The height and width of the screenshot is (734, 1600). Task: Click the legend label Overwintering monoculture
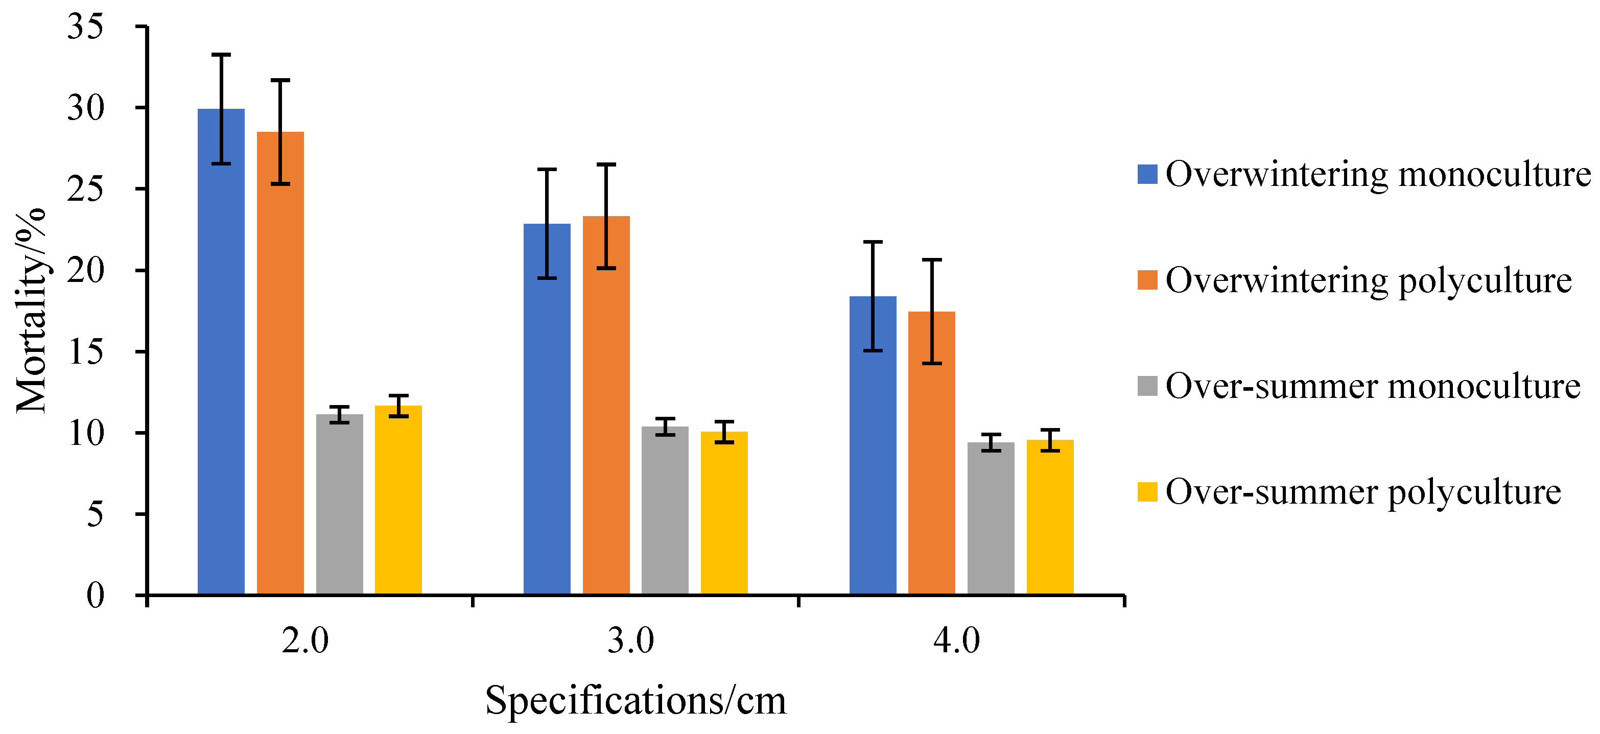[x=1378, y=174]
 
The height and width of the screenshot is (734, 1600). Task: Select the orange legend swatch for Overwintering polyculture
[x=1147, y=280]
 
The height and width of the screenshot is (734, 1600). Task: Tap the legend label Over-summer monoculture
[x=1373, y=386]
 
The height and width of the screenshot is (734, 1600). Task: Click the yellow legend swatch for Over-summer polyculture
[x=1147, y=492]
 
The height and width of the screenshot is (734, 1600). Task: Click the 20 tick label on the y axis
[x=85, y=270]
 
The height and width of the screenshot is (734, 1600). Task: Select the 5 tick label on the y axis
[x=95, y=514]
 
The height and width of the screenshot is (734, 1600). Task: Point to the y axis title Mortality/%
[x=31, y=311]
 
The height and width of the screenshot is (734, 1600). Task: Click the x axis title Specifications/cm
[x=636, y=700]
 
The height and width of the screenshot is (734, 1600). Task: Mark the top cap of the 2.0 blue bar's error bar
[x=221, y=55]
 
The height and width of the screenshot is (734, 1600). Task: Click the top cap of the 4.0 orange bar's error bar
[x=932, y=259]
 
